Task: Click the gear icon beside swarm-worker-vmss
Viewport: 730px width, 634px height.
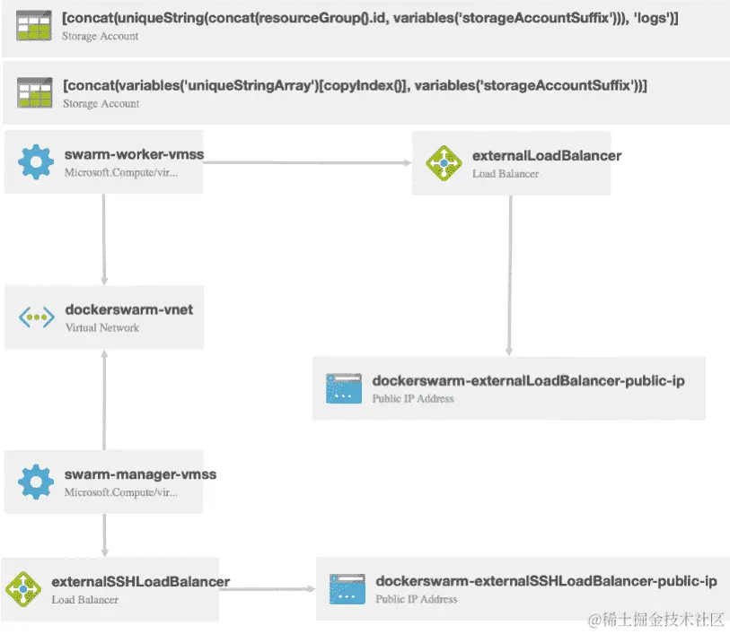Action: pos(36,162)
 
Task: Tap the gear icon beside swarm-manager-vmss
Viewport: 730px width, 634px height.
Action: pos(36,482)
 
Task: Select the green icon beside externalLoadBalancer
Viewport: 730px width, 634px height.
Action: pos(444,163)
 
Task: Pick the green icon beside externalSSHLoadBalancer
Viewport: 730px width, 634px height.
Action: pos(22,589)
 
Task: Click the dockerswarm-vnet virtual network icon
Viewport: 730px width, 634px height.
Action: pos(36,317)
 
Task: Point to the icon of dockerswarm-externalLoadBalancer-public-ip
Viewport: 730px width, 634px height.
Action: pos(343,388)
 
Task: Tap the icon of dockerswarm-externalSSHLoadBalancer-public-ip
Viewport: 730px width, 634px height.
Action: pos(347,589)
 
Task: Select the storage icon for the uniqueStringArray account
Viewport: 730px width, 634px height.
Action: pos(34,93)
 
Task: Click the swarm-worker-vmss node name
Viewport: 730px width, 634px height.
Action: pos(134,154)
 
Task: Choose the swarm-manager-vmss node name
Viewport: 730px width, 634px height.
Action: pos(140,474)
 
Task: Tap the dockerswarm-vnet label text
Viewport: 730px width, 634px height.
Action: pos(129,310)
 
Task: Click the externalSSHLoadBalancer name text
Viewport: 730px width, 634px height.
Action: pos(141,582)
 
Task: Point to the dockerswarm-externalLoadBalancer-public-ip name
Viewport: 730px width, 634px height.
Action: pos(528,381)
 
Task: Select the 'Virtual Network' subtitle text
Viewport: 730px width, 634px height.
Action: pos(102,328)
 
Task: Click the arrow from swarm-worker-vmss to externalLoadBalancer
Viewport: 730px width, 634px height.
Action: pos(305,163)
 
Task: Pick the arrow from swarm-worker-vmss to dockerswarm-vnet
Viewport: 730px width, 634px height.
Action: pos(104,238)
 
